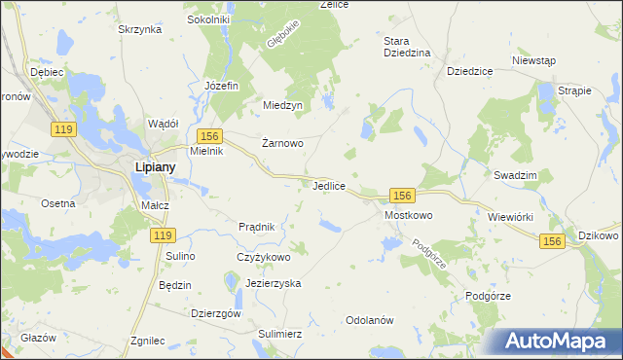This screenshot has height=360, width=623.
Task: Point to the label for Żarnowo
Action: (x=283, y=143)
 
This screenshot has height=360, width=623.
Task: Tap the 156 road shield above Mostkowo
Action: (x=404, y=196)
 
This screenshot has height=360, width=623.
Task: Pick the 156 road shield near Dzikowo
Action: (x=553, y=241)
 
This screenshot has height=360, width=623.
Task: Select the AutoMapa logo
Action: (x=556, y=342)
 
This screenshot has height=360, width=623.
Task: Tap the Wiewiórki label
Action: (x=511, y=216)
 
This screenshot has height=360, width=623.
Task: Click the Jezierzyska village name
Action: (x=274, y=283)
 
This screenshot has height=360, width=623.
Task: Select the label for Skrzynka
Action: (x=139, y=30)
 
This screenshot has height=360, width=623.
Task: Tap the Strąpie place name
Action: (x=574, y=90)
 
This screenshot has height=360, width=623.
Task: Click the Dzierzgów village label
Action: (x=216, y=313)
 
